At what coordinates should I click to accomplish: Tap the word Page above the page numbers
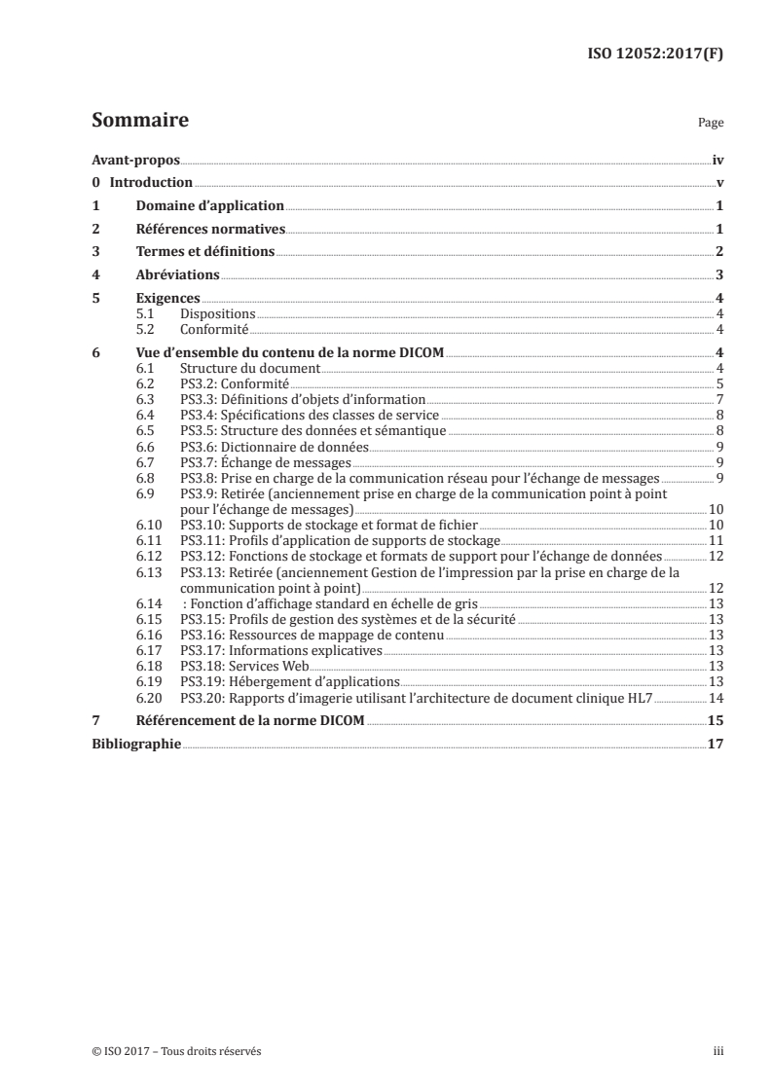[x=710, y=125]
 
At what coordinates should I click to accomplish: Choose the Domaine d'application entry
[x=209, y=206]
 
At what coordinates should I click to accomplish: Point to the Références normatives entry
[x=209, y=230]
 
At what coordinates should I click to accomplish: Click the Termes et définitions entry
[x=204, y=252]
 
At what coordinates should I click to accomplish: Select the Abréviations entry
[x=177, y=275]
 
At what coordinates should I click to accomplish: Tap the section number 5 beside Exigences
[x=95, y=299]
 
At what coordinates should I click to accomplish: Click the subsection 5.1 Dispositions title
[x=218, y=314]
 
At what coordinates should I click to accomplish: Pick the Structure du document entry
[x=250, y=368]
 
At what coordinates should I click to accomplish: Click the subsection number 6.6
[x=146, y=447]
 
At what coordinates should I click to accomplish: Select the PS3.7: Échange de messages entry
[x=268, y=462]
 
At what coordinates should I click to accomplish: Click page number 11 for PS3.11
[x=715, y=540]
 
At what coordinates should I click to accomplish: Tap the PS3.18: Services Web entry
[x=245, y=666]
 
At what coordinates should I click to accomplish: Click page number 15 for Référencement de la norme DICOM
[x=715, y=720]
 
